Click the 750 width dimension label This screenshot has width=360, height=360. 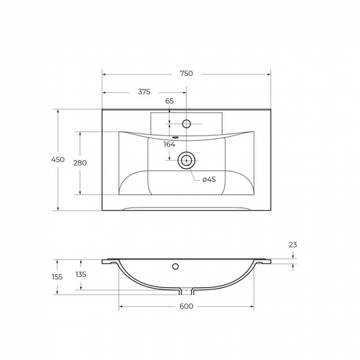pyautogui.click(x=186, y=73)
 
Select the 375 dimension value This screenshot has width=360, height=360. pyautogui.click(x=144, y=92)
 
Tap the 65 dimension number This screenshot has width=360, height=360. pyautogui.click(x=170, y=101)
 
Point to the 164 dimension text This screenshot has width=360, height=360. pyautogui.click(x=170, y=144)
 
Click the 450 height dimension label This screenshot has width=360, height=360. pyautogui.click(x=58, y=159)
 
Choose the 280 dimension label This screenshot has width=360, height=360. pyautogui.click(x=80, y=163)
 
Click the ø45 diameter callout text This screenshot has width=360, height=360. pyautogui.click(x=209, y=179)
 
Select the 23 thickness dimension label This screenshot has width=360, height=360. pyautogui.click(x=293, y=245)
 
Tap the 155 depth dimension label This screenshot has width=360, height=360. pyautogui.click(x=57, y=277)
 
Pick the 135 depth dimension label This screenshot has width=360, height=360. pyautogui.click(x=81, y=274)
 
